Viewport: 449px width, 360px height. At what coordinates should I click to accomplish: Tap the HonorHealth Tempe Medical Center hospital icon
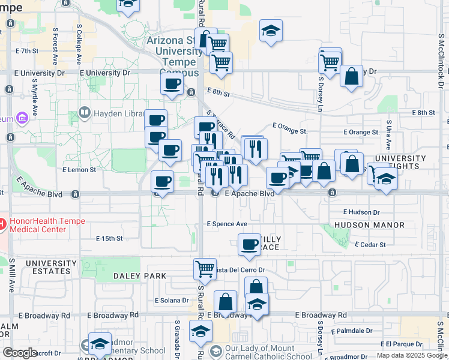[2, 224]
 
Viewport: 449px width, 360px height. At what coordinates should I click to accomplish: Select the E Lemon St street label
[79, 170]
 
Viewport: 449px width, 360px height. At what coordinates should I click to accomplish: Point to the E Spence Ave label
[227, 224]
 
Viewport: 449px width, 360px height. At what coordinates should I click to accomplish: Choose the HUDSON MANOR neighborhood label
[370, 225]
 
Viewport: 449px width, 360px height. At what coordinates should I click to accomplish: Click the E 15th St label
[109, 238]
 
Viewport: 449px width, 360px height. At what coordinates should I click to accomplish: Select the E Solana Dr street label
[172, 300]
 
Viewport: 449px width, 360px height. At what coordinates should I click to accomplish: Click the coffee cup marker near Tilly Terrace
[249, 244]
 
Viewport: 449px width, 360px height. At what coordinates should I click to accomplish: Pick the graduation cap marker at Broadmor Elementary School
[100, 343]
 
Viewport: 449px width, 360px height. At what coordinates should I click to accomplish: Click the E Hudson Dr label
[361, 212]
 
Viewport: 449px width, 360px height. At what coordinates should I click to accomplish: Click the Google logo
[20, 353]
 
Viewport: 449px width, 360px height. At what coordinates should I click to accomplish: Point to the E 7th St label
[27, 51]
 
